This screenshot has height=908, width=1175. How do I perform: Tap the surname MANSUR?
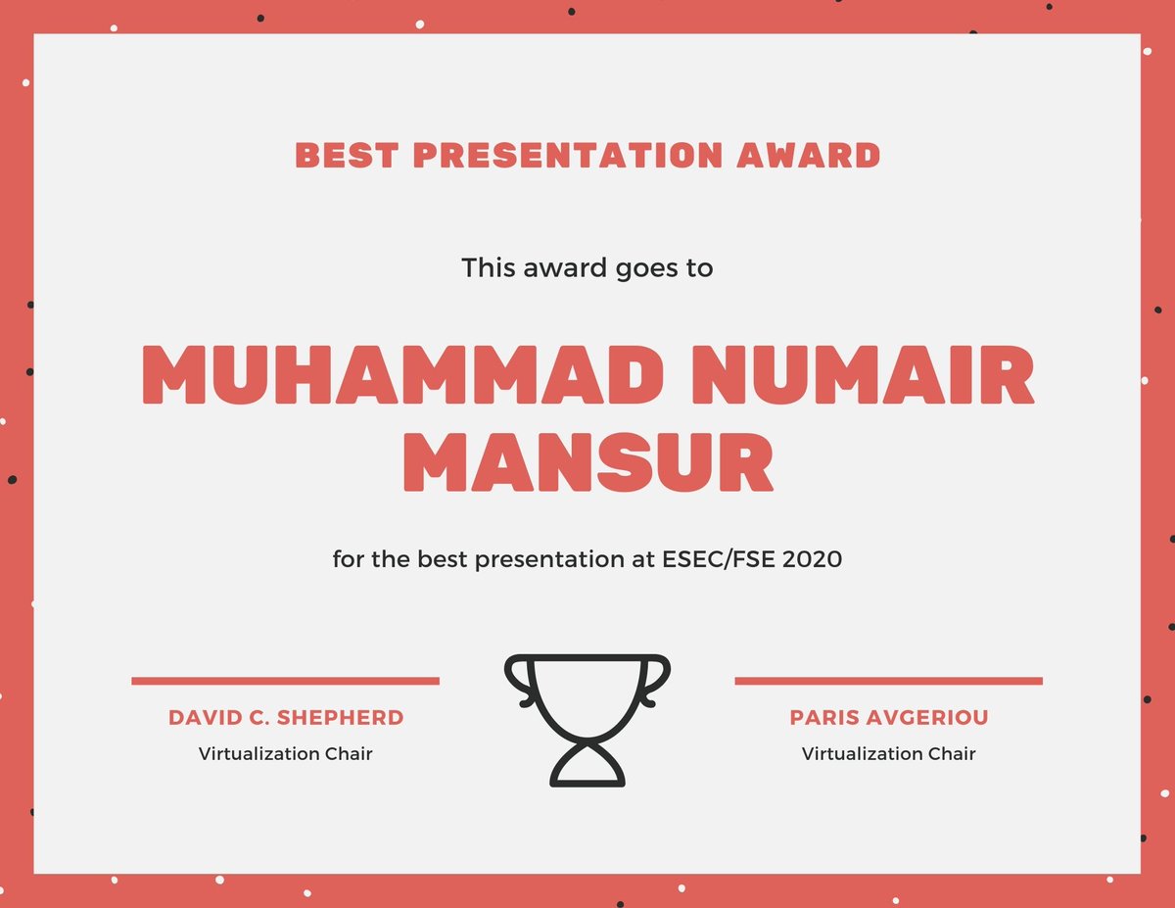(587, 466)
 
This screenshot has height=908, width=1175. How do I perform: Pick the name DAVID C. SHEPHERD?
(286, 718)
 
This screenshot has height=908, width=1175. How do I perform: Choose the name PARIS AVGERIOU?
(889, 718)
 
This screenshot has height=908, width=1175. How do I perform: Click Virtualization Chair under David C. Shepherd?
(286, 754)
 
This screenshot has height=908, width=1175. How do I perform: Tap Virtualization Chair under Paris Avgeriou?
(889, 754)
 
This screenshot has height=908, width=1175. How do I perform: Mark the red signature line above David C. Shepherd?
(285, 681)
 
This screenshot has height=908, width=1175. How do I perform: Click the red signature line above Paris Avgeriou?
(888, 681)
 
